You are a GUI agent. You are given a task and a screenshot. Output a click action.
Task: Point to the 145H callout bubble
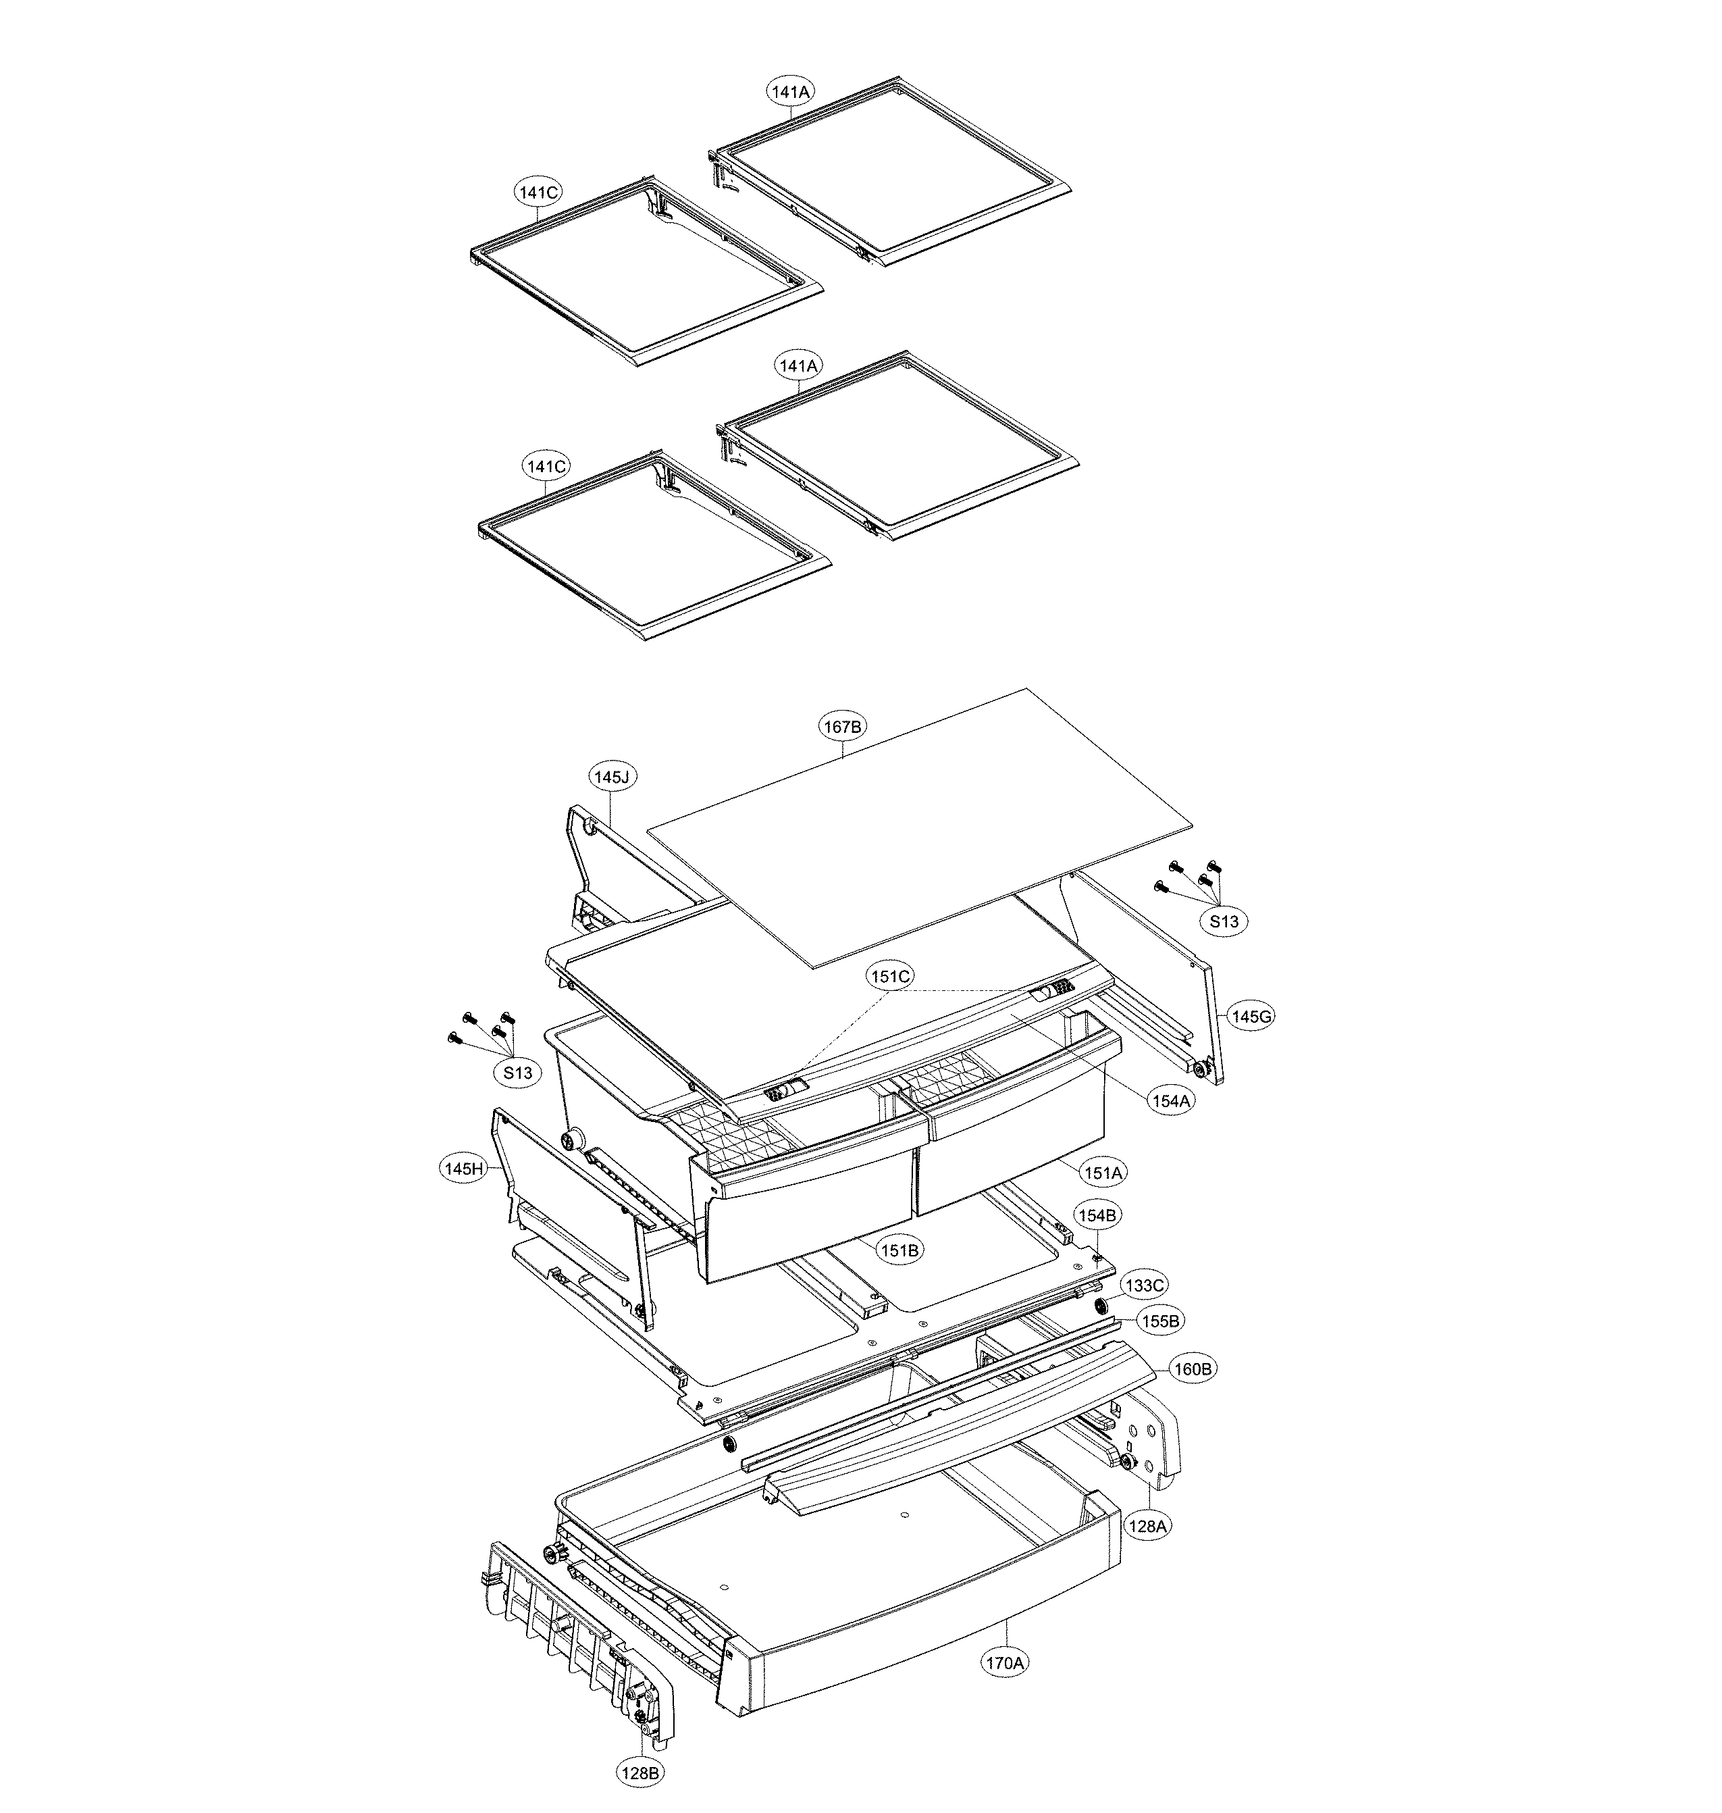[x=463, y=1169]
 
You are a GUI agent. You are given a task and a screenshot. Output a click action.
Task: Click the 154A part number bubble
[x=1170, y=1100]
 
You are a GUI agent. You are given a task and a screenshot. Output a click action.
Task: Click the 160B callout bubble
[x=1193, y=1369]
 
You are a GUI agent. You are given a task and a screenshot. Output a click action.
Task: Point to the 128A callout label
[x=1147, y=1526]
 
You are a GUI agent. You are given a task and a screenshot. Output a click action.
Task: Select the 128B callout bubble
[x=640, y=1772]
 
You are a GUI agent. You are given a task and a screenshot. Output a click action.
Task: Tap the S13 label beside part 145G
[x=1223, y=921]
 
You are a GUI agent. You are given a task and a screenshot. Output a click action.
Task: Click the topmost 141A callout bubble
[x=790, y=91]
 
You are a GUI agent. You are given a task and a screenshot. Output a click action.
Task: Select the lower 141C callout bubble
[x=546, y=466]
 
